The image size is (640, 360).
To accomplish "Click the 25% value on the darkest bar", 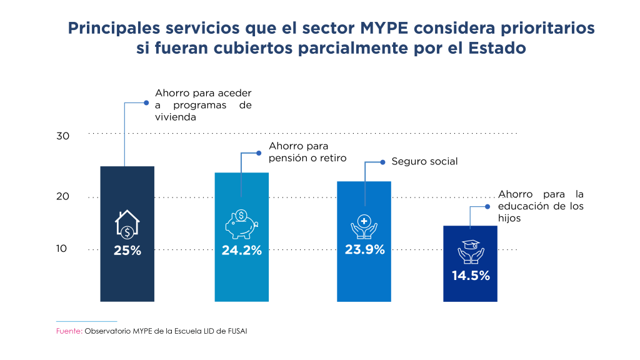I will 127,251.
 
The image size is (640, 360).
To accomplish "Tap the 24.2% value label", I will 241,251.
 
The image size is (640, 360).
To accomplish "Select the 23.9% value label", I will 364,249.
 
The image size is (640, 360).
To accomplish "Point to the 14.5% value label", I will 471,275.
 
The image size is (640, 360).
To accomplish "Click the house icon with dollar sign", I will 127,225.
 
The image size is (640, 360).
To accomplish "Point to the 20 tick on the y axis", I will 62,196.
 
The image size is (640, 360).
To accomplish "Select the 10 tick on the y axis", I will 62,249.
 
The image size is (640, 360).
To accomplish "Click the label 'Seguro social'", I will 424,161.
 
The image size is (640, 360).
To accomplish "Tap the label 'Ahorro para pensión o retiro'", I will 307,151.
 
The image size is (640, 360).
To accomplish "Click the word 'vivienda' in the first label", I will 176,117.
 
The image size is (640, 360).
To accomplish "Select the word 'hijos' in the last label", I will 509,219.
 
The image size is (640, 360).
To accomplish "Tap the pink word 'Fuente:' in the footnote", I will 69,331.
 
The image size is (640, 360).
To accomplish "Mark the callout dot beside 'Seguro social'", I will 382,162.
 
